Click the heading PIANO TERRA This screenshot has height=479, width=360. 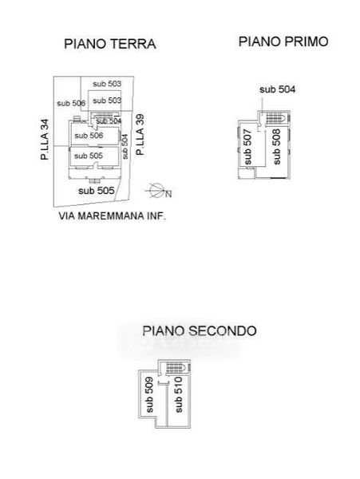tap(110, 44)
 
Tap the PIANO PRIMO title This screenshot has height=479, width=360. tap(283, 42)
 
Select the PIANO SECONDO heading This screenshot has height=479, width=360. tap(200, 331)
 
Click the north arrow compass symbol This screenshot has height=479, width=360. tap(158, 191)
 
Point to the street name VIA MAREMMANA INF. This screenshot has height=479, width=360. tap(112, 216)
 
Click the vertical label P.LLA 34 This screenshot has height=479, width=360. tap(45, 139)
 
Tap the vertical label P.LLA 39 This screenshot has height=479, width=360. tap(140, 135)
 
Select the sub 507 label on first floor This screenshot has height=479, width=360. tap(247, 147)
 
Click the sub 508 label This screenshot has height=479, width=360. tap(276, 147)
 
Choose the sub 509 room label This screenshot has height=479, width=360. tap(149, 394)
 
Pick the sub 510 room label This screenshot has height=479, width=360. tap(178, 394)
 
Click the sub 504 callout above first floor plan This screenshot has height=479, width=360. tap(277, 89)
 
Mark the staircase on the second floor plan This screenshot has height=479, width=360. tap(176, 368)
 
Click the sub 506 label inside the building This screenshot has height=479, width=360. tap(89, 136)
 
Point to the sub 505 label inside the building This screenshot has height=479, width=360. tap(89, 156)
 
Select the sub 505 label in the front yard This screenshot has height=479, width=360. tap(96, 191)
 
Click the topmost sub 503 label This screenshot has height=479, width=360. tap(107, 84)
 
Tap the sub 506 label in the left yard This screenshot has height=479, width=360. tap(71, 103)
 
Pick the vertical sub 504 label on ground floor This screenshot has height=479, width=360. tap(125, 147)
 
